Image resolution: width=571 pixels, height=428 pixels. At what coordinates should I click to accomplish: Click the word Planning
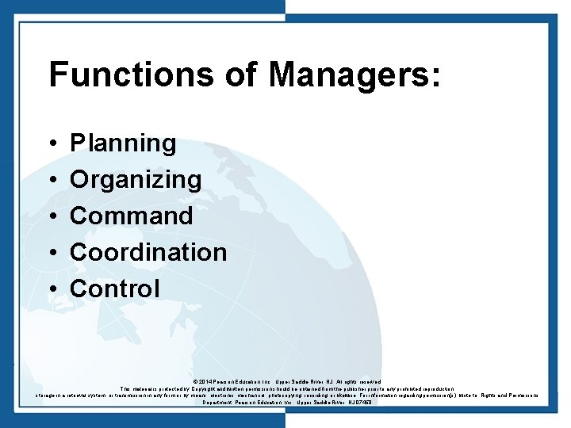pyautogui.click(x=123, y=143)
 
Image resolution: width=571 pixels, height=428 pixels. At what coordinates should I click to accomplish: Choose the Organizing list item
pyautogui.click(x=136, y=180)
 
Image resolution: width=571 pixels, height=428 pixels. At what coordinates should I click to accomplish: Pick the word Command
pyautogui.click(x=132, y=216)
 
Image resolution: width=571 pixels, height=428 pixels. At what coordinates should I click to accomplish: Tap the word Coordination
pyautogui.click(x=148, y=252)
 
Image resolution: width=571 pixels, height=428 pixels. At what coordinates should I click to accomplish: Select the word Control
pyautogui.click(x=115, y=289)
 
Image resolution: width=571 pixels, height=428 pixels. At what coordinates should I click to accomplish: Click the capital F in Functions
pyautogui.click(x=58, y=75)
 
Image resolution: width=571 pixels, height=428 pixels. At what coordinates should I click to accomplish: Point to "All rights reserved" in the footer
pyautogui.click(x=358, y=382)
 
